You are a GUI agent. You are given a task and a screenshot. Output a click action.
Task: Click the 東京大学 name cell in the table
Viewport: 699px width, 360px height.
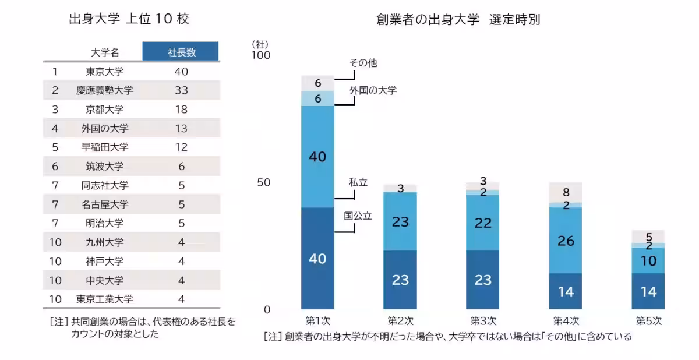point(105,72)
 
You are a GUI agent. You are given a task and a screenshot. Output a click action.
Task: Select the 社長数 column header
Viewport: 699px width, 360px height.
point(181,52)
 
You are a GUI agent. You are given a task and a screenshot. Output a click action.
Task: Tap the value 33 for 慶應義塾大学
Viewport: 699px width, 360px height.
point(181,90)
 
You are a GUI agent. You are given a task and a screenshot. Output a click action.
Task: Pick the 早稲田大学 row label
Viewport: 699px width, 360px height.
point(105,147)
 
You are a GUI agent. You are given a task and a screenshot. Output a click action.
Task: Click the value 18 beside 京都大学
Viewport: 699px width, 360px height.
point(181,110)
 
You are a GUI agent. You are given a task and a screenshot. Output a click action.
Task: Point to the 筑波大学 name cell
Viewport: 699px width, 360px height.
point(105,166)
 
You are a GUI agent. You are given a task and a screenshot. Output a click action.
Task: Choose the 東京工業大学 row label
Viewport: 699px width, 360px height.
point(105,299)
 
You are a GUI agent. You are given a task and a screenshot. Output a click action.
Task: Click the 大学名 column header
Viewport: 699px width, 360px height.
point(105,52)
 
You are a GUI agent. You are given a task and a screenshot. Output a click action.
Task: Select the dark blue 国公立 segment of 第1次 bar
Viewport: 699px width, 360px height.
point(317,258)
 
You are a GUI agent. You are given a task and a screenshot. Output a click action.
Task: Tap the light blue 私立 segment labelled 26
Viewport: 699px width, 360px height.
point(566,240)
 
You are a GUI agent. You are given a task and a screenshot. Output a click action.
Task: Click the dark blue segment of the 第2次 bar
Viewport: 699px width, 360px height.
point(400,280)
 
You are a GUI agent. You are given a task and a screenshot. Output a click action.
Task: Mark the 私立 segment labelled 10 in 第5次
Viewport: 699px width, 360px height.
point(648,260)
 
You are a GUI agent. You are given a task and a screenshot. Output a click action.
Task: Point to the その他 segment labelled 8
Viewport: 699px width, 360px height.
point(566,192)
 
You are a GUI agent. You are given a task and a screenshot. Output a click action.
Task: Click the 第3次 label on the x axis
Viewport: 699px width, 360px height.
point(483,320)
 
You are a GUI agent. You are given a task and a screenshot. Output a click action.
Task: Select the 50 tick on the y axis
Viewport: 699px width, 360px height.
point(263,182)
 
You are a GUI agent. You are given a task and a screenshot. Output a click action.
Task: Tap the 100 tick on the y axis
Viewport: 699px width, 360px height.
point(260,55)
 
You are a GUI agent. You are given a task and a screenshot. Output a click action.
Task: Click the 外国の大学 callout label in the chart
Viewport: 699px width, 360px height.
point(373,90)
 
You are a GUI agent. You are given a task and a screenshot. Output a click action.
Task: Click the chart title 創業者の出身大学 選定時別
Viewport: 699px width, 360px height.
point(458,20)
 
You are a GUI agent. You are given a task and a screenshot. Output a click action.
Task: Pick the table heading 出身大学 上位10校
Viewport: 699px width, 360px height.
point(129,19)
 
